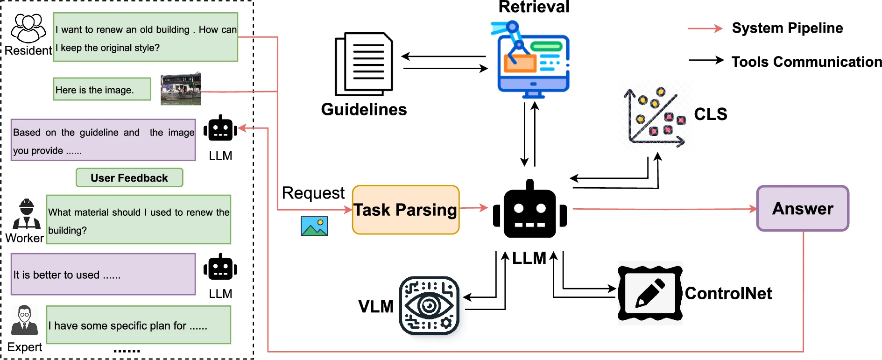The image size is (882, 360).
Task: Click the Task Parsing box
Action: [405, 210]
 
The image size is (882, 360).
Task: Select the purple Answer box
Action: [802, 208]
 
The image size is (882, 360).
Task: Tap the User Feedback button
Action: [129, 178]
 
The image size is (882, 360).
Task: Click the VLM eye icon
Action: [429, 306]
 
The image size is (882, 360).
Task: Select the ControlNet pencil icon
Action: [650, 293]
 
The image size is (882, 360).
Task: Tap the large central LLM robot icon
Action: [529, 210]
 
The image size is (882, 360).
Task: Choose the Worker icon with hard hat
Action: [27, 214]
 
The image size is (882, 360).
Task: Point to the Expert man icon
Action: [24, 321]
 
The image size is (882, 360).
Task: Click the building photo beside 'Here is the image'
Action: [180, 89]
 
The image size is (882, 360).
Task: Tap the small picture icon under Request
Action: [314, 226]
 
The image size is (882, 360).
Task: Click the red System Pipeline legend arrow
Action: [705, 28]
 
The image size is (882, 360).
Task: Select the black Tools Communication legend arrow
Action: [706, 60]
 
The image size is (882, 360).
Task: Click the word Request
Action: [313, 193]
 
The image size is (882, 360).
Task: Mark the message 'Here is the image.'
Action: [102, 89]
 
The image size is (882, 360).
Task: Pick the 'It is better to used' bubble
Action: [103, 275]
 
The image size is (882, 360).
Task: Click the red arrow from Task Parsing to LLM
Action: [473, 208]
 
